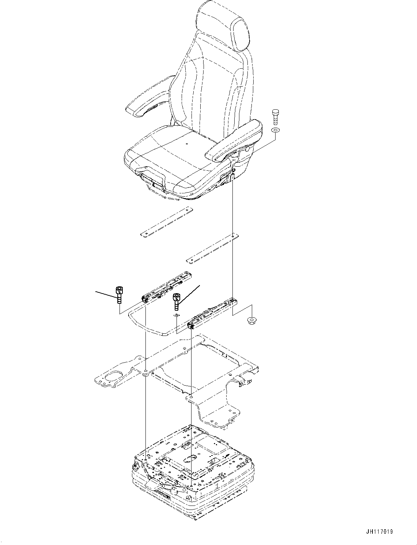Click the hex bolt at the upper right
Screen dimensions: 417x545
click(275, 117)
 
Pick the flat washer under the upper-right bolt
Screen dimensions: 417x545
click(275, 130)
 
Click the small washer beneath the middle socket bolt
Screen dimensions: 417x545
click(177, 315)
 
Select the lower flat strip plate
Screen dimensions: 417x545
click(212, 248)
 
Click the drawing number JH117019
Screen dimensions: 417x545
click(379, 532)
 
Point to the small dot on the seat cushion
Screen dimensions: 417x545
click(186, 144)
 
